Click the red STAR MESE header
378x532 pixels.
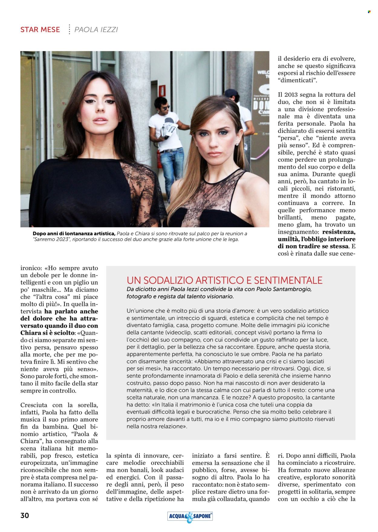pyautogui.click(x=40, y=30)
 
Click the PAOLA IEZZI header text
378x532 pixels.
pyautogui.click(x=96, y=30)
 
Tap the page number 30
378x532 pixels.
pyautogui.click(x=25, y=515)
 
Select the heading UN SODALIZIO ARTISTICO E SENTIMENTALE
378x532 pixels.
pyautogui.click(x=224, y=280)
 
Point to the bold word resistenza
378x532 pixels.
pyautogui.click(x=339, y=232)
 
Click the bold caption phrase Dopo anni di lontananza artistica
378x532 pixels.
pyautogui.click(x=74, y=233)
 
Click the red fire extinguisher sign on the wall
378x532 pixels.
pyautogui.click(x=163, y=90)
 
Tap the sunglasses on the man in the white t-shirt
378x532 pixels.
pyautogui.click(x=166, y=107)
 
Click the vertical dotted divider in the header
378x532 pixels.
pyautogui.click(x=69, y=29)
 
